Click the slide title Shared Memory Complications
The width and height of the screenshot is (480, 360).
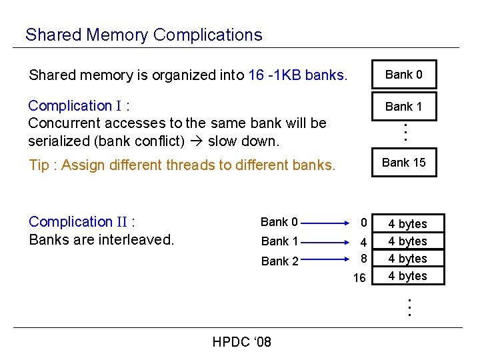143,35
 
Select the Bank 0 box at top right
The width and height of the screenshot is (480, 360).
404,75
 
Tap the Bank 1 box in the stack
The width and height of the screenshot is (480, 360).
404,106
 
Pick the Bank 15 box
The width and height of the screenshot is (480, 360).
404,162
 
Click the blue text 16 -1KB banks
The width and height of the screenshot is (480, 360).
297,75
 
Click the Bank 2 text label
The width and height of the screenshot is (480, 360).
279,261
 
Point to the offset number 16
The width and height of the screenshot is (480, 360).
359,278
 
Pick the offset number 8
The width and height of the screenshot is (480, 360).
363,257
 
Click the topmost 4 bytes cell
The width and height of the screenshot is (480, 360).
407,224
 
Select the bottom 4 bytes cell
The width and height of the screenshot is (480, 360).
407,276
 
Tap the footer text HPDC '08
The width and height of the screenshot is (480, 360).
241,343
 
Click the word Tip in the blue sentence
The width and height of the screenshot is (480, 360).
39,165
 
